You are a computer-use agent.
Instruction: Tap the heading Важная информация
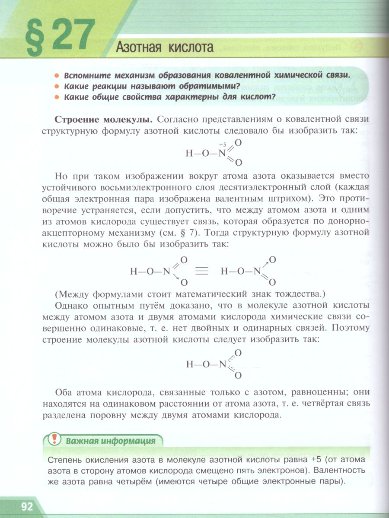coord(110,441)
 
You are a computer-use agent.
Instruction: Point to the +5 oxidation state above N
coord(223,144)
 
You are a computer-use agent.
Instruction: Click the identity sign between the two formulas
coord(201,272)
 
